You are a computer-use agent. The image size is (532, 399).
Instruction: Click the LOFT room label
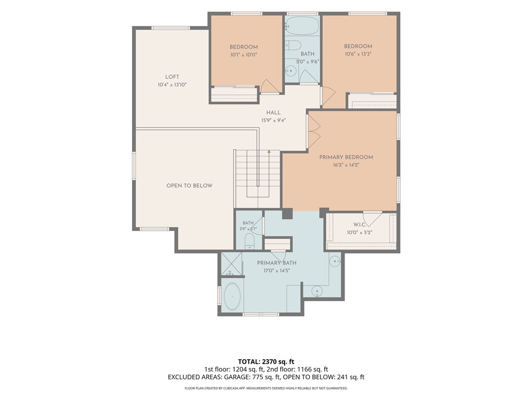click(172, 77)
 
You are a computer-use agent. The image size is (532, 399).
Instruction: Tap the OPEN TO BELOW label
click(189, 185)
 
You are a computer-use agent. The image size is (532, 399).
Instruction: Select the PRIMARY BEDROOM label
click(346, 157)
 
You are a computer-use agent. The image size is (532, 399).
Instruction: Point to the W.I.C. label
click(360, 224)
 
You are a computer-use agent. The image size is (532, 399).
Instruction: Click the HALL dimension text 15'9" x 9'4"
click(273, 120)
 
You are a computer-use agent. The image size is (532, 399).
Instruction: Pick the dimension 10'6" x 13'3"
click(358, 54)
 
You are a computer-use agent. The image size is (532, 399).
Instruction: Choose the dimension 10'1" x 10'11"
click(244, 55)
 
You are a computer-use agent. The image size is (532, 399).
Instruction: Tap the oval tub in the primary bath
click(232, 296)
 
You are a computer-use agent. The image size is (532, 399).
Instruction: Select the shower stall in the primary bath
click(231, 264)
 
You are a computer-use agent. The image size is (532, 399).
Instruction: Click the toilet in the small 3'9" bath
click(250, 241)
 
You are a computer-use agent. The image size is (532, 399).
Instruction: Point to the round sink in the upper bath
click(290, 71)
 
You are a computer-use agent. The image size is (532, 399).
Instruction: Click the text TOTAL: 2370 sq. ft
click(266, 362)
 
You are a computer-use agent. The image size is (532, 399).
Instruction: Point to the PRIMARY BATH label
click(276, 263)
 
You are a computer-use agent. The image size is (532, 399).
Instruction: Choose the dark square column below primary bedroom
click(287, 214)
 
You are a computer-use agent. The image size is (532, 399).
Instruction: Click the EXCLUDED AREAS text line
click(266, 377)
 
